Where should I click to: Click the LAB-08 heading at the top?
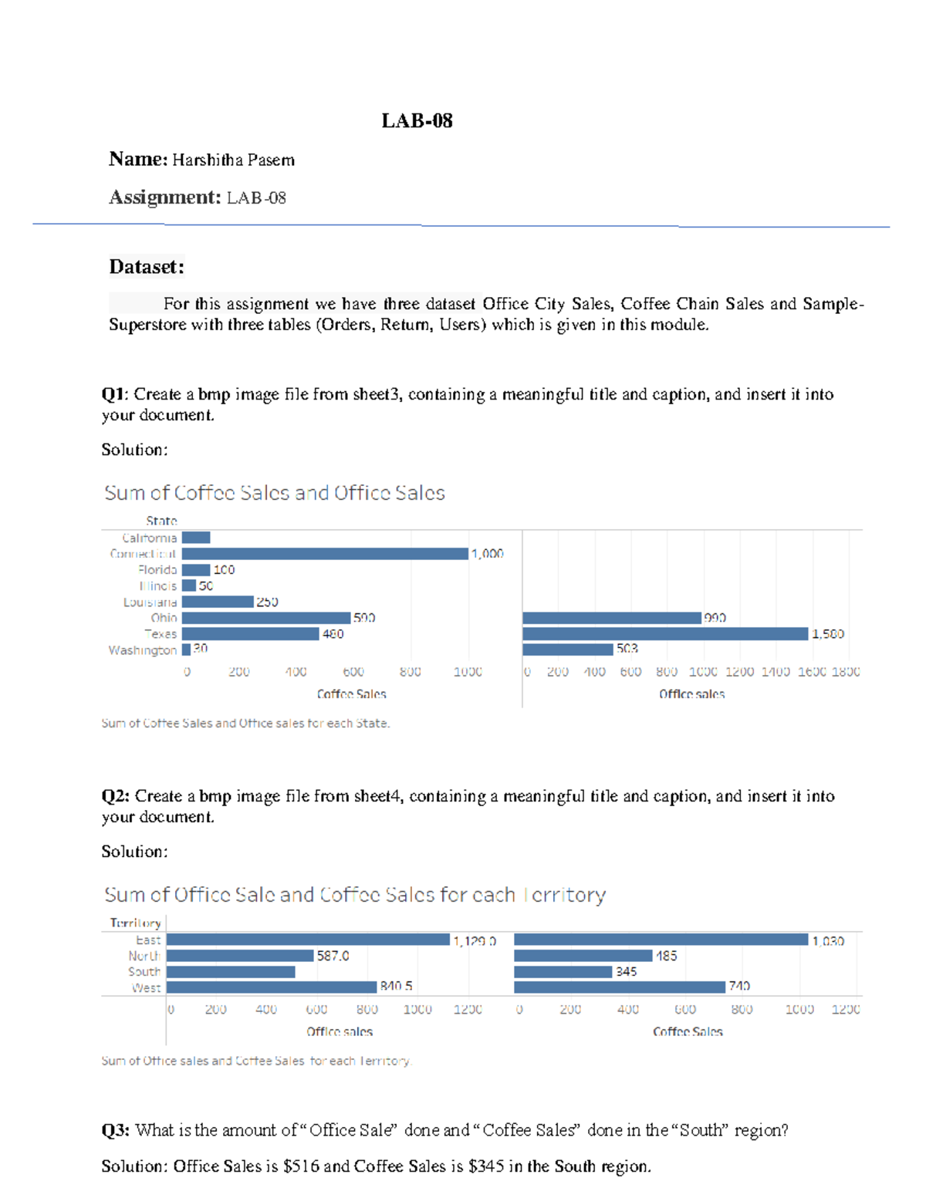click(417, 121)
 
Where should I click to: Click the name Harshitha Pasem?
click(233, 160)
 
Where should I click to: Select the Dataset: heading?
click(147, 267)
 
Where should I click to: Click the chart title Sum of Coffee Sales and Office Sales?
click(275, 493)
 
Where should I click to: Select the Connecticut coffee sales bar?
click(325, 554)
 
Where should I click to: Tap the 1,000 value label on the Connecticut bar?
click(487, 554)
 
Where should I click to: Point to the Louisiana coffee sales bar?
click(218, 602)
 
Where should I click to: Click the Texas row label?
click(161, 634)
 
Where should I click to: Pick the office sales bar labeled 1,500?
click(665, 634)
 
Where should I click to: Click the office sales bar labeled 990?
click(612, 618)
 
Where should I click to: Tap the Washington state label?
click(143, 650)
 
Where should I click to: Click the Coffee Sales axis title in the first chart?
click(351, 694)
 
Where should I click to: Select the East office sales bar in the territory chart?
click(308, 940)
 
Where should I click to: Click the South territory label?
click(144, 972)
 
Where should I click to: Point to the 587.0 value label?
click(333, 956)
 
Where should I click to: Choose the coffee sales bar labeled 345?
click(563, 972)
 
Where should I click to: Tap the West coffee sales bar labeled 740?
click(620, 987)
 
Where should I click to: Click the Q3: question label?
click(116, 1131)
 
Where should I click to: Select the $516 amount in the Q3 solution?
click(301, 1166)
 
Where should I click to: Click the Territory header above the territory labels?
click(136, 923)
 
